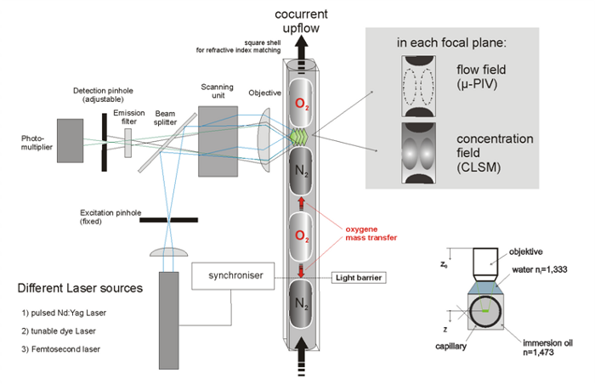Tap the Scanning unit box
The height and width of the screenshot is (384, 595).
218,140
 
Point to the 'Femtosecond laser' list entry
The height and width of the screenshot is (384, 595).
64,350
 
